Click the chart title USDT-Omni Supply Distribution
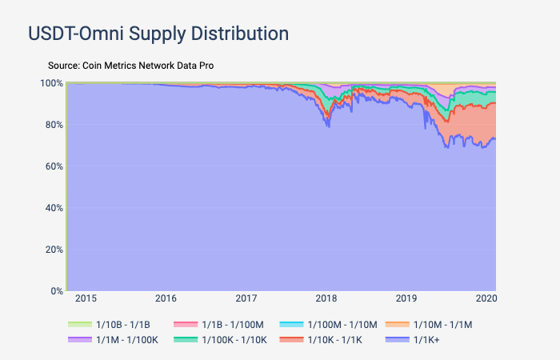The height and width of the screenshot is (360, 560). point(158,34)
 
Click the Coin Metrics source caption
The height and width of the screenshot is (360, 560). point(130,65)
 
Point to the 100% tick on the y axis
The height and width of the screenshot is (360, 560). point(52,83)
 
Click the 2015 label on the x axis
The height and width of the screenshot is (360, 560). point(86,298)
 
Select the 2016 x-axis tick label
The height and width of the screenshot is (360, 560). point(166,298)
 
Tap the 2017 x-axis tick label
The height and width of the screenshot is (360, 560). point(246,298)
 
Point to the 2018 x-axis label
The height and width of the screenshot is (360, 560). point(326,298)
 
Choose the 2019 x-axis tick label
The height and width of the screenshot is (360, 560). point(407,298)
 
